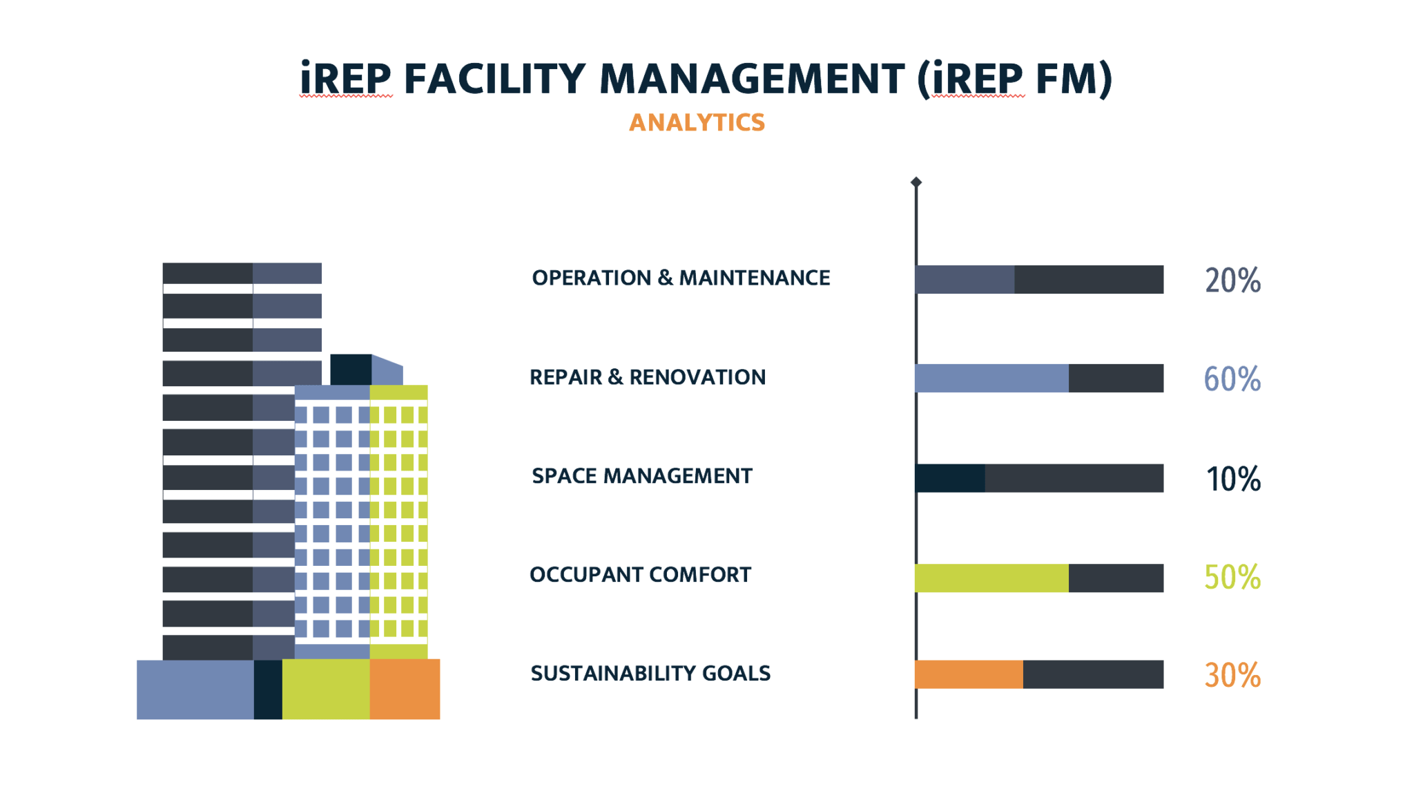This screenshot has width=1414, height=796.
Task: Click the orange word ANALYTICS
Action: pos(697,122)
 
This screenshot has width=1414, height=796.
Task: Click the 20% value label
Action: pos(1232,281)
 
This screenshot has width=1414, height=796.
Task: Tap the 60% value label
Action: pos(1232,379)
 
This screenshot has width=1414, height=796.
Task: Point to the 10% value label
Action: pos(1232,479)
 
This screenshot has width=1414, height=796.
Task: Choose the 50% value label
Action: pos(1232,577)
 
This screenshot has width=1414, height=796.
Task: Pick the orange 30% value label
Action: pos(1232,675)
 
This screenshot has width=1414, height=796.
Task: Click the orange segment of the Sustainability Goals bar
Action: pos(969,674)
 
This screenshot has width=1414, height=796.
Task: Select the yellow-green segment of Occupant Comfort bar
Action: pos(991,578)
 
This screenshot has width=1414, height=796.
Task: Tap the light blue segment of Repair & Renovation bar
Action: pos(991,378)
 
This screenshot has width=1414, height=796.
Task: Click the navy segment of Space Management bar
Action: pos(951,478)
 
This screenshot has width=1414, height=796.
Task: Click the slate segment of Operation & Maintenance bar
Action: pos(965,279)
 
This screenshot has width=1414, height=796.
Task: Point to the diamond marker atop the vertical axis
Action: pos(916,182)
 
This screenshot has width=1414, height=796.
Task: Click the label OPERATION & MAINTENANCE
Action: pos(681,278)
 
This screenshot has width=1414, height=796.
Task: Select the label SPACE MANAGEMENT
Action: pos(641,476)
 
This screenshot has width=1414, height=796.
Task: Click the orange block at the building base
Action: pos(405,689)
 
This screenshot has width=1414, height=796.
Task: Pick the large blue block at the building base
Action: pos(195,689)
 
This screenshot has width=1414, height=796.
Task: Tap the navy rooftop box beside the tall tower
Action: pos(351,370)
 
